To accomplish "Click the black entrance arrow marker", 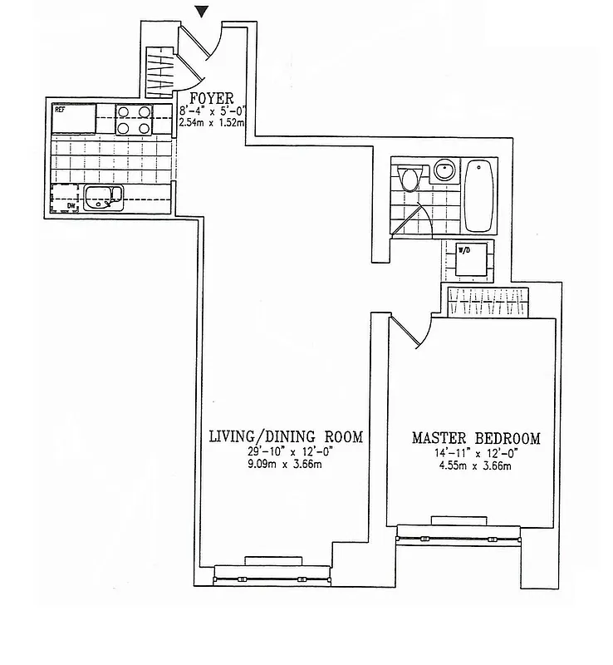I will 202,10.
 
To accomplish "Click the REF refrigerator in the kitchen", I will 72,118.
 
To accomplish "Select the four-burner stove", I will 133,120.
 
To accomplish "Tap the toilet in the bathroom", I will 408,178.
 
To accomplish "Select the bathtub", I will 481,195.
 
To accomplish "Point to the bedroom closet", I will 488,302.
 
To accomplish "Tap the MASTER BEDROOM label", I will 476,438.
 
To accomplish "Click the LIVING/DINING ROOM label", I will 286,436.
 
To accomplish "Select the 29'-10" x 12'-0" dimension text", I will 286,451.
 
